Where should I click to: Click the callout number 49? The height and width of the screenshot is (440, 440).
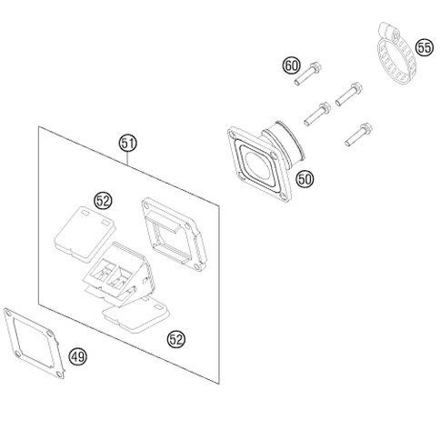pos(77,356)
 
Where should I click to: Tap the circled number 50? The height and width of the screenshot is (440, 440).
pos(305,179)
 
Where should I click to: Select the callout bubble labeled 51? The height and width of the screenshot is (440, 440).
pos(127,144)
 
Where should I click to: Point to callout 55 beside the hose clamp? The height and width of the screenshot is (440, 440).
pos(425,48)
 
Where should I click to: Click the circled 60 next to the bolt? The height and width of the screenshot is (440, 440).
pos(292,65)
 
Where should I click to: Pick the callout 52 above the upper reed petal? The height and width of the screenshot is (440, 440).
pos(103,200)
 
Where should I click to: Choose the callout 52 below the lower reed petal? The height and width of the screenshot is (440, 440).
pos(176,339)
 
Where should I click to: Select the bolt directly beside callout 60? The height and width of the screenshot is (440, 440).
pos(308,73)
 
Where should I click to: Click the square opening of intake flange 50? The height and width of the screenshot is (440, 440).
pos(257,163)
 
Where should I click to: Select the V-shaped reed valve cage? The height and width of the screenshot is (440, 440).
pos(120,275)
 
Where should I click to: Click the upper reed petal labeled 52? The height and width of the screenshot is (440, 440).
pos(84,234)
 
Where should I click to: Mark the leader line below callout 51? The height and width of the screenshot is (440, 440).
pos(128,158)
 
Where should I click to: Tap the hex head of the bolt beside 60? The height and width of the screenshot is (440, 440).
pos(316,67)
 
